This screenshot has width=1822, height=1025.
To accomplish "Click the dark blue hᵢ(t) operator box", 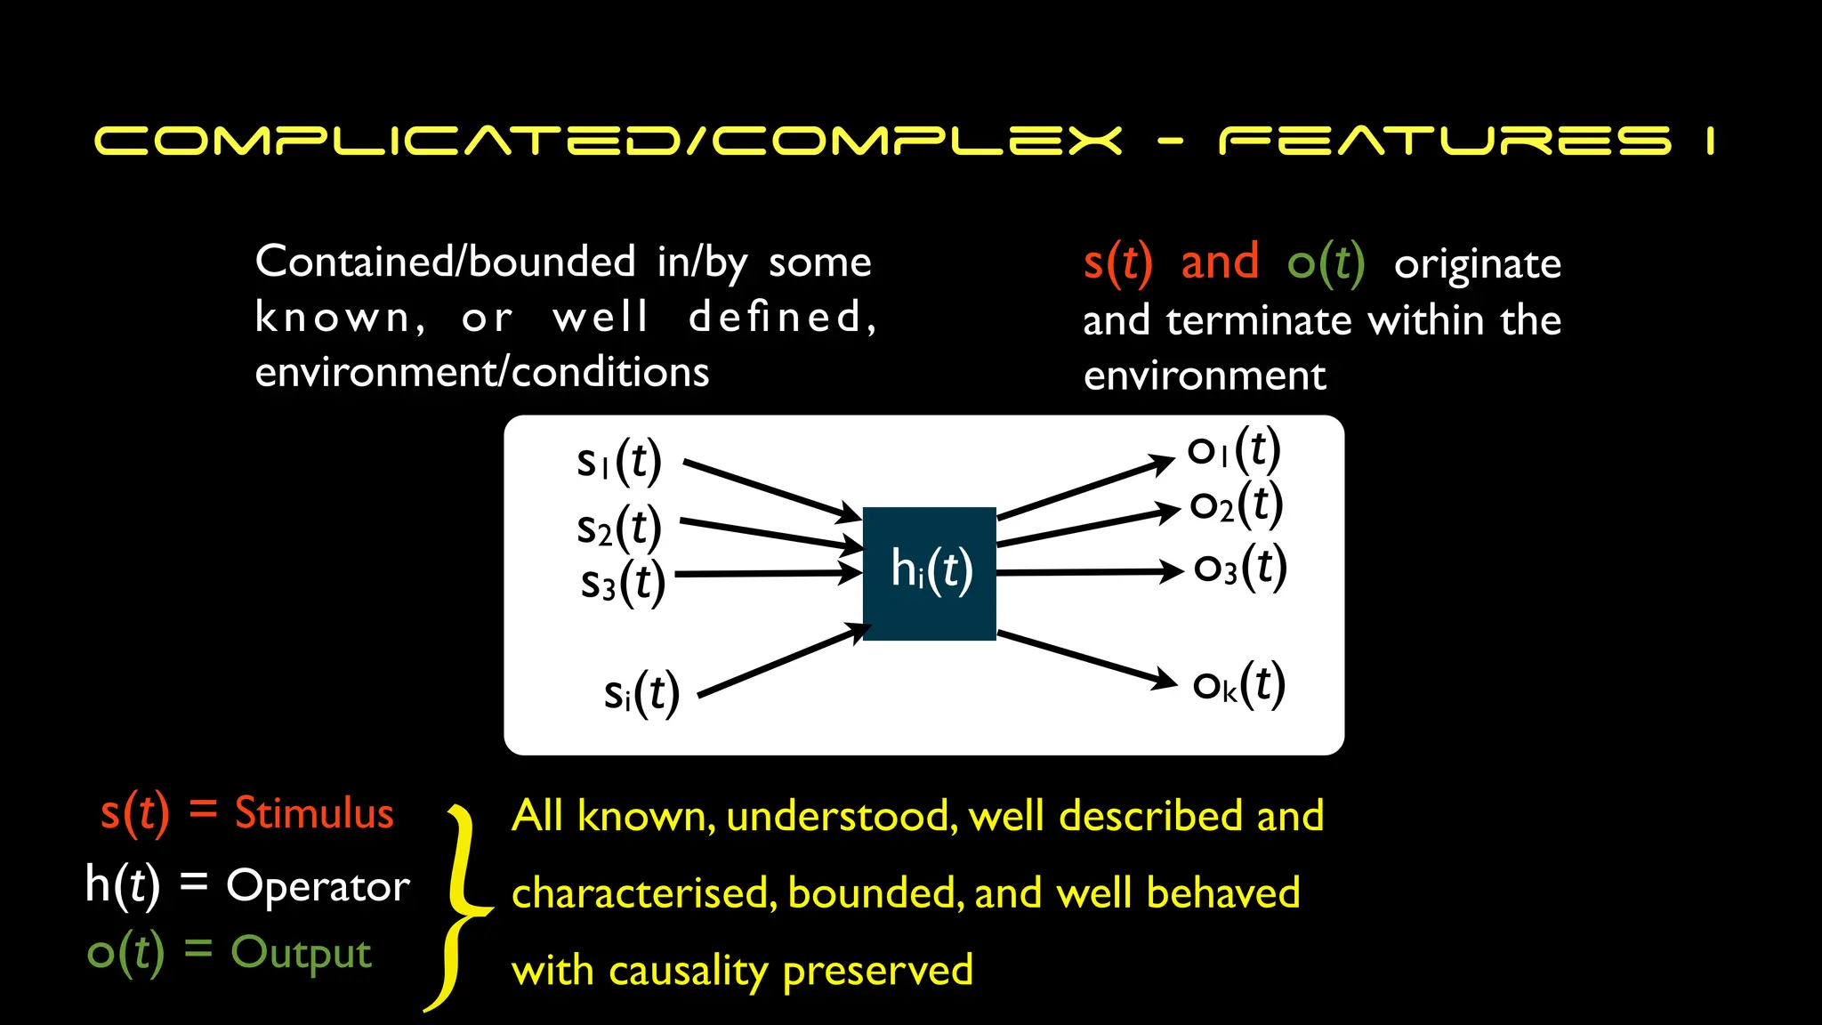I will pyautogui.click(x=929, y=573).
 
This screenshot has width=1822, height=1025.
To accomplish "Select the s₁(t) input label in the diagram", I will pyautogui.click(x=619, y=461).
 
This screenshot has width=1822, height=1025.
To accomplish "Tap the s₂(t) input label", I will pyautogui.click(x=619, y=528).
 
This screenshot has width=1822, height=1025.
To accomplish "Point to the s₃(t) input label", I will pyautogui.click(x=623, y=584).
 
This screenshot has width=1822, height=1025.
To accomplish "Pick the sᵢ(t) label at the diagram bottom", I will pyautogui.click(x=641, y=693).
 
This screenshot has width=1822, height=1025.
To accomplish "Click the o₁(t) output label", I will pyautogui.click(x=1234, y=450).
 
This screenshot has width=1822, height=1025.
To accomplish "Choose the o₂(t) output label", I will pyautogui.click(x=1237, y=504).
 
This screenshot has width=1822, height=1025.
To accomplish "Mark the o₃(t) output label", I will pyautogui.click(x=1240, y=568).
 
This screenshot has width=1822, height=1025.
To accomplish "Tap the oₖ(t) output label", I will pyautogui.click(x=1238, y=685).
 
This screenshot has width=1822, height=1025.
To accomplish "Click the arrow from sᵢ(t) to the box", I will pyautogui.click(x=783, y=660).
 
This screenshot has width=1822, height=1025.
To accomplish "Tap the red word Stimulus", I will pyautogui.click(x=314, y=813).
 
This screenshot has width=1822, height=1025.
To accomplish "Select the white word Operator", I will pyautogui.click(x=318, y=886).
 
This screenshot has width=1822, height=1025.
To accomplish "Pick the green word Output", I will pyautogui.click(x=301, y=952).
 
